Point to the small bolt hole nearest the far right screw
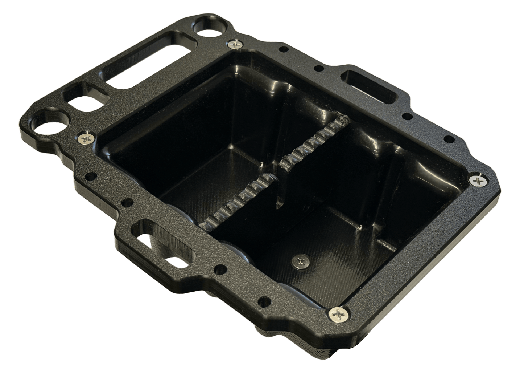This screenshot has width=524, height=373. click(449, 139)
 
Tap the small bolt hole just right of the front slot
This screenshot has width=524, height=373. click(218, 269)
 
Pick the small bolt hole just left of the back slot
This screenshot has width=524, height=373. click(319, 68)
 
